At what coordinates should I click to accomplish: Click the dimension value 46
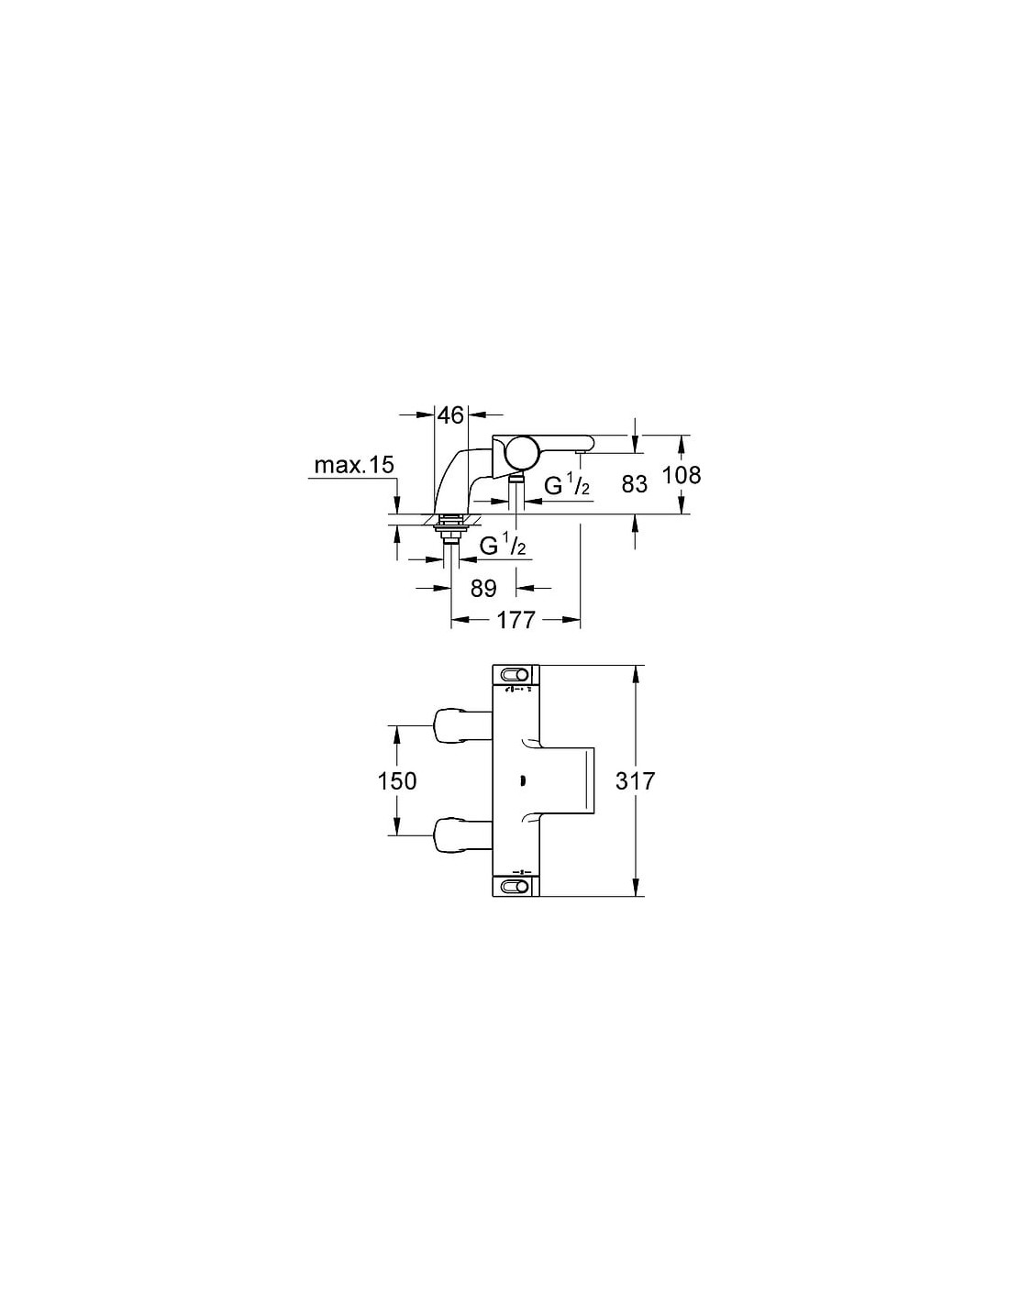450,414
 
